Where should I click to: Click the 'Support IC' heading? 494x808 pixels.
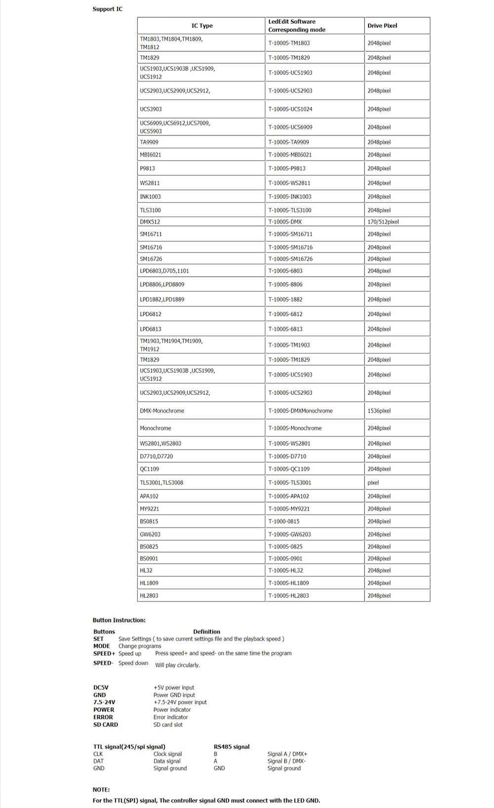click(x=107, y=9)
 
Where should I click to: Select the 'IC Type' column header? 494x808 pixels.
click(x=202, y=26)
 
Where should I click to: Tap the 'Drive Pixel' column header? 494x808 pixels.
click(x=382, y=26)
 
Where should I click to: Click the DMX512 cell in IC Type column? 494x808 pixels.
click(x=150, y=222)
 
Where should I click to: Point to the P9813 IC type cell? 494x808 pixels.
click(x=147, y=169)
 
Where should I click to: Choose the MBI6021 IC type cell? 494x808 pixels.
click(x=150, y=155)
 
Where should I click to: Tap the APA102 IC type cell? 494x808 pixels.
click(x=149, y=496)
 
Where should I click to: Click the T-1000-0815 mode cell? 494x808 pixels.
click(x=284, y=521)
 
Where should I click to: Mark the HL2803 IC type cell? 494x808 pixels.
click(x=149, y=595)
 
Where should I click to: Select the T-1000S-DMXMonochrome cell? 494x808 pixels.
click(x=300, y=411)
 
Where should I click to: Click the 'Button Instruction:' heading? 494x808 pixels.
click(x=119, y=620)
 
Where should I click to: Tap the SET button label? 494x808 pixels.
click(x=98, y=639)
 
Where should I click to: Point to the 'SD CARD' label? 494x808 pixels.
click(x=106, y=724)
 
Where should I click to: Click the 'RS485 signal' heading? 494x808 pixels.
click(x=231, y=747)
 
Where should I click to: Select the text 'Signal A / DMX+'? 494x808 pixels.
click(x=287, y=754)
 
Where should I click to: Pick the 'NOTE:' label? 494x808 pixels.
click(x=101, y=790)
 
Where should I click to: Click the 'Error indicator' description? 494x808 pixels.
click(x=170, y=717)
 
